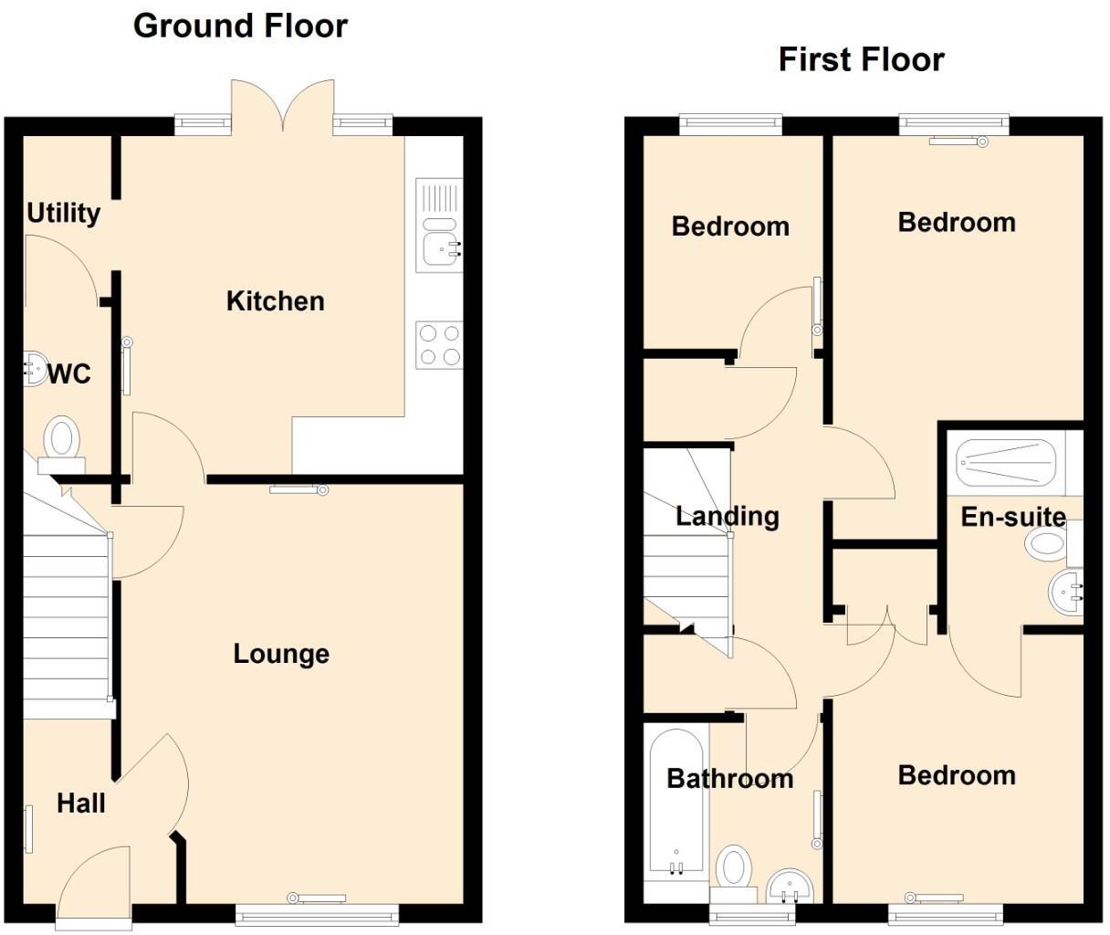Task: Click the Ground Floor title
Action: [x=240, y=26]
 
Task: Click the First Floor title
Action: [x=860, y=59]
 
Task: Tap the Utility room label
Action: [x=63, y=213]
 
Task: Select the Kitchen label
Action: [x=275, y=300]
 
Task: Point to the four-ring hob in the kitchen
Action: [x=438, y=344]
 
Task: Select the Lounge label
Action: [x=281, y=654]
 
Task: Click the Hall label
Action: [x=81, y=804]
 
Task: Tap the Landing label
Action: [x=727, y=516]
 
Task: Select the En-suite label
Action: [x=1013, y=517]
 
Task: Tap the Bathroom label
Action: [x=729, y=779]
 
